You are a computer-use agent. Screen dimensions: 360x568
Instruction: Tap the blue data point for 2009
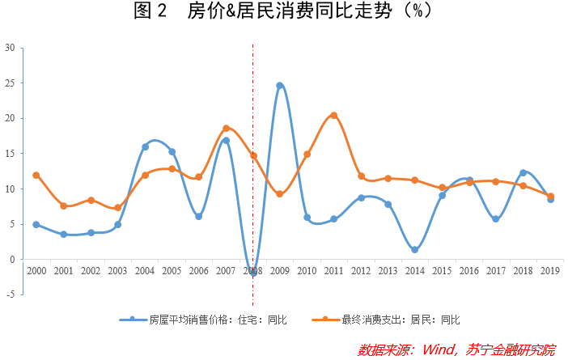(x=280, y=85)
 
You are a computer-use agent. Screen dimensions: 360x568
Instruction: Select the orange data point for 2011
(x=334, y=116)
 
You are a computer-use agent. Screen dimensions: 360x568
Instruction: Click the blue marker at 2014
(x=415, y=250)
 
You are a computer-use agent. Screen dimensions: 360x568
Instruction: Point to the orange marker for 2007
(x=226, y=128)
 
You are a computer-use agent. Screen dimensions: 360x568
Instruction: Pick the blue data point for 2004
(x=145, y=146)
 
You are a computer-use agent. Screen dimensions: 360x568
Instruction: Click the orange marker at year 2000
(x=36, y=175)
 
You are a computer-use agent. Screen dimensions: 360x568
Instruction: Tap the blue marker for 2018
(x=523, y=172)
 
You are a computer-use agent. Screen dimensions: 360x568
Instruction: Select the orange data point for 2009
(x=280, y=194)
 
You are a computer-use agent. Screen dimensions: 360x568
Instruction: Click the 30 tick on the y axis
(x=10, y=48)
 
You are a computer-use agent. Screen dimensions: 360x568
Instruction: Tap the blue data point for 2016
(x=469, y=180)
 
